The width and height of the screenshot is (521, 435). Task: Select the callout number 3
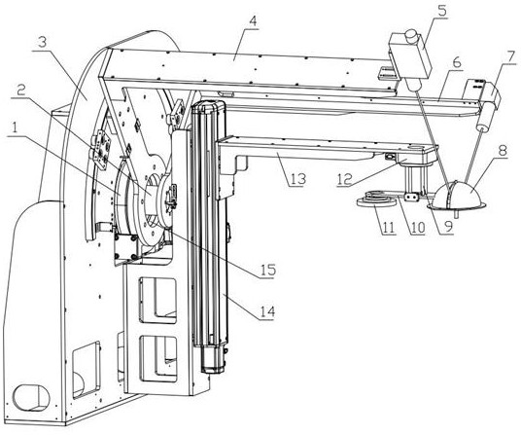42,43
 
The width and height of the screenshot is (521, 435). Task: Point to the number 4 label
253,21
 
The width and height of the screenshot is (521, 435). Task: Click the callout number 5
441,11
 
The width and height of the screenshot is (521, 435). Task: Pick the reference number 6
457,63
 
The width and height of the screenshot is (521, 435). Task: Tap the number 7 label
511,56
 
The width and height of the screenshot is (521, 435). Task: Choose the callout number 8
503,151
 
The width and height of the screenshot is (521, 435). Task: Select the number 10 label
418,228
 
